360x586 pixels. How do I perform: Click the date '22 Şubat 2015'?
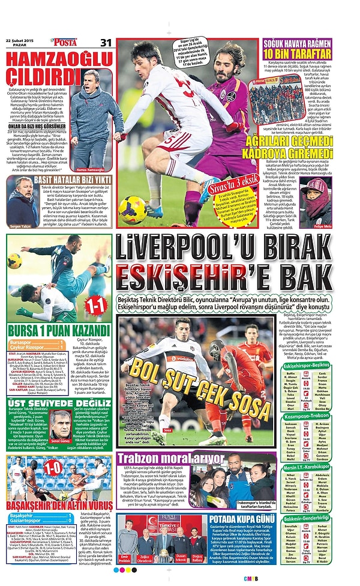[22, 40]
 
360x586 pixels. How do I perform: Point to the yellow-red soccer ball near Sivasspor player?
[133, 209]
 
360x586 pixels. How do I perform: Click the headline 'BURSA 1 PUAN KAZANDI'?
[58, 330]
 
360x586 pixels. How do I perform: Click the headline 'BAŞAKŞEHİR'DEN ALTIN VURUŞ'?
[59, 504]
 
